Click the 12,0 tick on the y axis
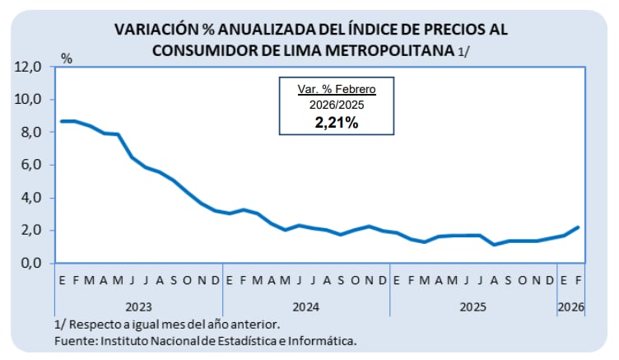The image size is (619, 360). pyautogui.click(x=28, y=67)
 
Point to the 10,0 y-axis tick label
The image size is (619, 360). pyautogui.click(x=28, y=100)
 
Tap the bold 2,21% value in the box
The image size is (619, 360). pyautogui.click(x=336, y=123)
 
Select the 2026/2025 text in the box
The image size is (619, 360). pyautogui.click(x=336, y=105)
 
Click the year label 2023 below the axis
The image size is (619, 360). pyautogui.click(x=137, y=307)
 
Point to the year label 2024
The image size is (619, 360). pyautogui.click(x=305, y=307)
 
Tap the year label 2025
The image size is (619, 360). pyautogui.click(x=473, y=307)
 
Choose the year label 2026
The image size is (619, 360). pyautogui.click(x=571, y=307)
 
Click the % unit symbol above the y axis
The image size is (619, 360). pyautogui.click(x=67, y=59)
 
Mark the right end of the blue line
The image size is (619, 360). pyautogui.click(x=579, y=227)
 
